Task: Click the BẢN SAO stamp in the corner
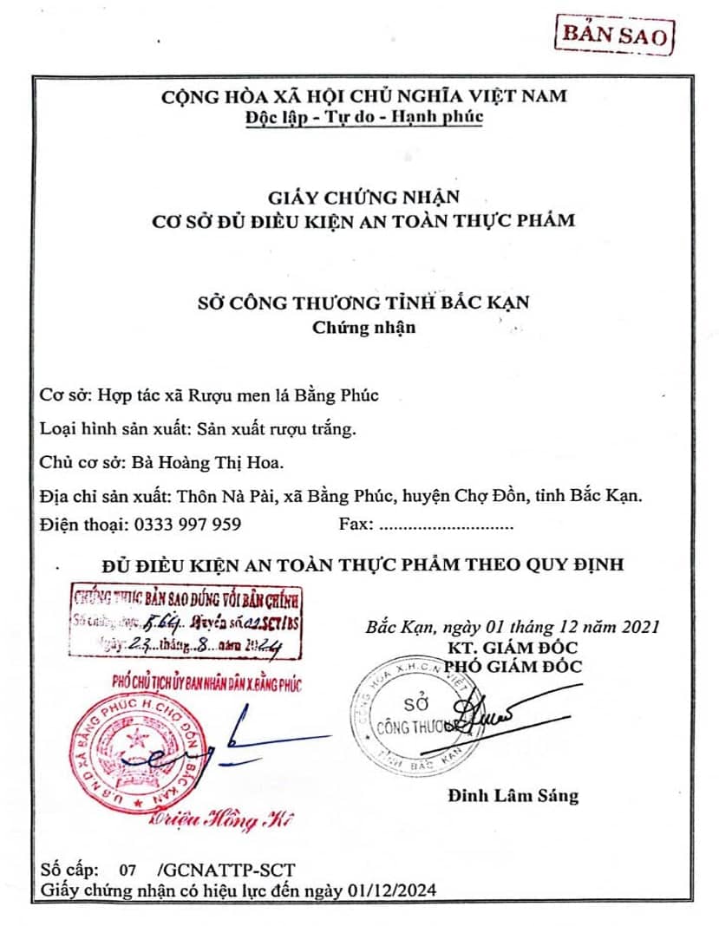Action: [614, 36]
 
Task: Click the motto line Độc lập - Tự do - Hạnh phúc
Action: [363, 116]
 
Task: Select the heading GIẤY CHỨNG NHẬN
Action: [363, 198]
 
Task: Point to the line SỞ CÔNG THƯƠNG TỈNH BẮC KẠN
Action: [363, 303]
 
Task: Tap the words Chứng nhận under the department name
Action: [363, 327]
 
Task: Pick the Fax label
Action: [355, 524]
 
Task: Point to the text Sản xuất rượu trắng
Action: [277, 427]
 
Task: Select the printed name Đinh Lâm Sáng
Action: [513, 795]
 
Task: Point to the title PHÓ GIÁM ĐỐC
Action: [513, 666]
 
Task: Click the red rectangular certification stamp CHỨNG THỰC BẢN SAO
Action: [186, 622]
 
